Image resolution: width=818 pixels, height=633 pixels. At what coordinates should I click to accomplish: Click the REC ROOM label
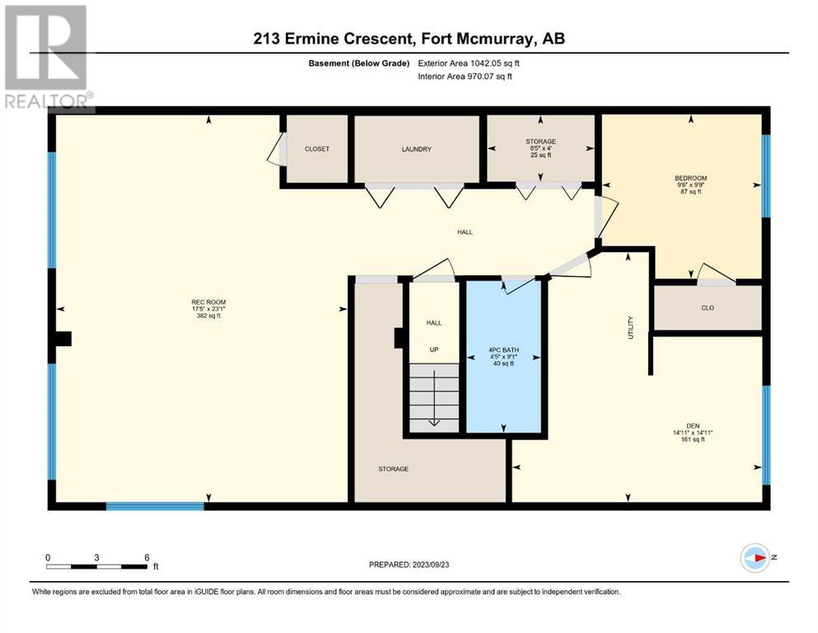tap(208, 302)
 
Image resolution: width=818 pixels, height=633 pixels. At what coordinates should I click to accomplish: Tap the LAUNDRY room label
tap(416, 149)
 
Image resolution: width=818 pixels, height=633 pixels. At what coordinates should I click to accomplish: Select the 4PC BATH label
tap(503, 350)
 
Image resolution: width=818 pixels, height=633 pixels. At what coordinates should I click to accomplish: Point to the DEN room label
tap(693, 426)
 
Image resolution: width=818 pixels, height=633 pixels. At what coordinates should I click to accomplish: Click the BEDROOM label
tap(690, 179)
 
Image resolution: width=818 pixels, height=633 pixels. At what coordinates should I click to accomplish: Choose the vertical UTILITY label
tap(630, 328)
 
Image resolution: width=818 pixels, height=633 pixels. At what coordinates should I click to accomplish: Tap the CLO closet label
tap(708, 308)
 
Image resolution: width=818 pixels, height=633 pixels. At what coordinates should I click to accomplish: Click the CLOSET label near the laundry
tap(316, 149)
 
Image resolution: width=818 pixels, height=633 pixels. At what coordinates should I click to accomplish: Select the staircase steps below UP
tap(434, 397)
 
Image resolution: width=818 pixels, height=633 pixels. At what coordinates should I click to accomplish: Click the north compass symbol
tap(755, 558)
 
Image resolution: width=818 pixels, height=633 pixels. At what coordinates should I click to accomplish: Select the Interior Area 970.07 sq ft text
tap(465, 77)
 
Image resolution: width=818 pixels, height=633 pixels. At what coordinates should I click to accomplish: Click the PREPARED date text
tap(409, 565)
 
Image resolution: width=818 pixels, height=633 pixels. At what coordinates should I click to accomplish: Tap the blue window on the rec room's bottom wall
tap(156, 506)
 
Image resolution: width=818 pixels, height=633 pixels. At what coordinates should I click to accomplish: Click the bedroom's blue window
tap(766, 176)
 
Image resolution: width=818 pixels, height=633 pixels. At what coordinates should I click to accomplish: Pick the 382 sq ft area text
tap(208, 316)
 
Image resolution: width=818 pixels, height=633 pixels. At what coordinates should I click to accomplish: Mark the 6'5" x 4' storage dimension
tap(540, 148)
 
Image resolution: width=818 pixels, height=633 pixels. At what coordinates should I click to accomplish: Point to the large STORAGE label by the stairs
tap(394, 469)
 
